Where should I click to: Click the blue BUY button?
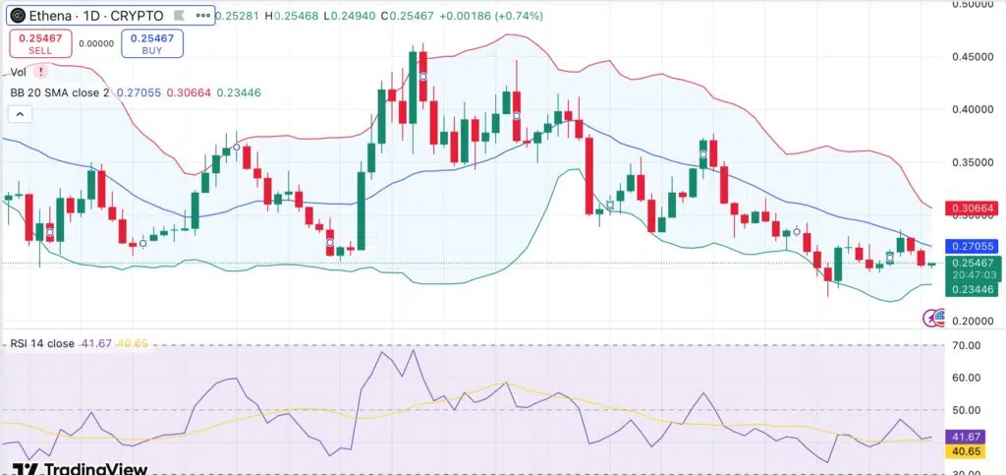[x=151, y=43]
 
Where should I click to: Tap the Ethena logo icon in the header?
[x=16, y=16]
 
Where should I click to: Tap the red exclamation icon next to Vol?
[x=40, y=72]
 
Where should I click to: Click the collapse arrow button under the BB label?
[x=18, y=114]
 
